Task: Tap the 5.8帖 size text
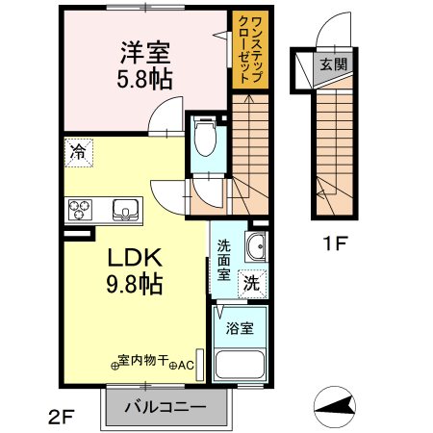pos(146,80)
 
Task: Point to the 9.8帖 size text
pos(132,284)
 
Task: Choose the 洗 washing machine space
pos(251,284)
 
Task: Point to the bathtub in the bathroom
pos(242,365)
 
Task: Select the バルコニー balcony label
pos(166,407)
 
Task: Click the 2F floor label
pos(60,417)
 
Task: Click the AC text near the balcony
pos(187,365)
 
